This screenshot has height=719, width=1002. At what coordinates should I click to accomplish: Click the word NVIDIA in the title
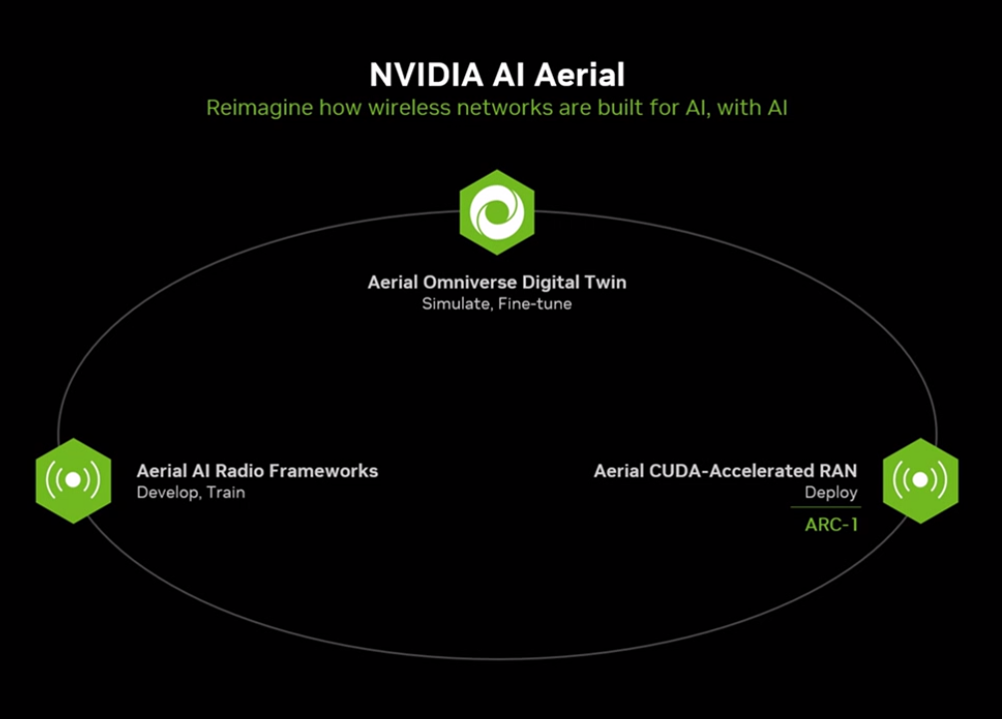coord(426,75)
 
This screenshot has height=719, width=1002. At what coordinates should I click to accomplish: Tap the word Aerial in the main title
coord(579,75)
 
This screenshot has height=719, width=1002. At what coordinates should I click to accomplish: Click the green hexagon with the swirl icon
coord(497,213)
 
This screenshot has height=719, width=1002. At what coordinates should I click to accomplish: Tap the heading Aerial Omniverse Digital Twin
coord(497,282)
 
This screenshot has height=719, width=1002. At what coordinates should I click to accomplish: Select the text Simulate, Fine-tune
coord(497,304)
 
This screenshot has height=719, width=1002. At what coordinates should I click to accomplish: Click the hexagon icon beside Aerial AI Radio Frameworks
coord(74,481)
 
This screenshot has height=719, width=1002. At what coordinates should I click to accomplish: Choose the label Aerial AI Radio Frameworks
coord(257,471)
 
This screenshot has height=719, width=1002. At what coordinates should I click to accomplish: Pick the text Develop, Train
coord(191,492)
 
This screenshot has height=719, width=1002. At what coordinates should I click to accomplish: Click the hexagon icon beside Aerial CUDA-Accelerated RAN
coord(921,481)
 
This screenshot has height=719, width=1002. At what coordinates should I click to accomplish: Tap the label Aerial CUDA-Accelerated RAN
coord(726,471)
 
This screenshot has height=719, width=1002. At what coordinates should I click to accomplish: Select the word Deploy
coord(830,493)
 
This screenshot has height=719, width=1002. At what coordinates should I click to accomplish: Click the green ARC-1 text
coord(831,525)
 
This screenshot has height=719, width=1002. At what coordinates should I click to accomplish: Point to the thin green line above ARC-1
coord(825,507)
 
